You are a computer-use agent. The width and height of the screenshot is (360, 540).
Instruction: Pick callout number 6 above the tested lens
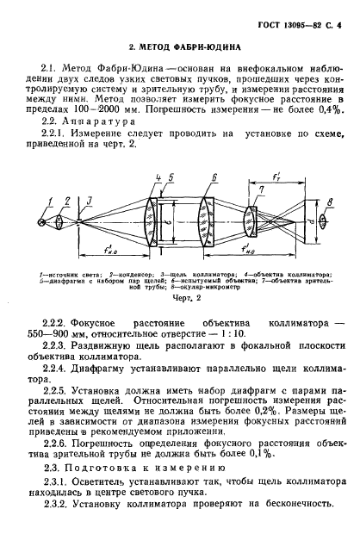211,177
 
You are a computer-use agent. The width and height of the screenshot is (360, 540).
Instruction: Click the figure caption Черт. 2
179,296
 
